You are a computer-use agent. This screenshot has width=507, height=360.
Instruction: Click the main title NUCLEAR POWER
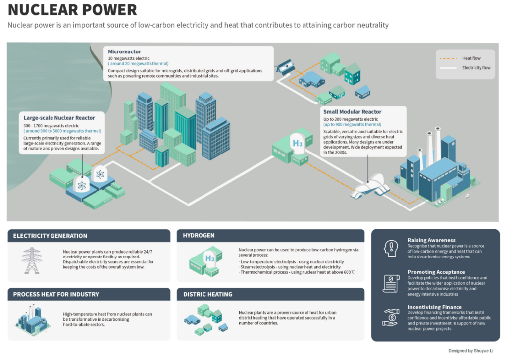[x=72, y=10]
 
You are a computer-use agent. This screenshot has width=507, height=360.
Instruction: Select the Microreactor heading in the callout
[x=125, y=51]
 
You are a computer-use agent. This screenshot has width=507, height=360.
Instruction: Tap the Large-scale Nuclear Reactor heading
[x=59, y=118]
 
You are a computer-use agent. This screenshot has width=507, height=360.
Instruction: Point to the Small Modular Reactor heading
[x=353, y=112]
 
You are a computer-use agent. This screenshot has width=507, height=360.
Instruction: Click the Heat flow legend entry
[x=471, y=58]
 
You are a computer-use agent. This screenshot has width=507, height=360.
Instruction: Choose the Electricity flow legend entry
[x=476, y=68]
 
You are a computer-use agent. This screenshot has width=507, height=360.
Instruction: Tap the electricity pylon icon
[x=31, y=260]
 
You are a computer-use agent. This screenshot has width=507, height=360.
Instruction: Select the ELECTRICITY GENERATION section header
[x=50, y=236]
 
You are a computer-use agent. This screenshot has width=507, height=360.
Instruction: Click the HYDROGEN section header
[x=199, y=236]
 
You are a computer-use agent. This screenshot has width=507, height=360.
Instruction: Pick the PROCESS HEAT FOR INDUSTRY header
[x=56, y=294]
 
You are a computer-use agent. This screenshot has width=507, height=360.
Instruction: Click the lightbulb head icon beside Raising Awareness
[x=391, y=247]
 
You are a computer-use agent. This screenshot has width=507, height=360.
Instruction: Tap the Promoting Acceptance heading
[x=436, y=272]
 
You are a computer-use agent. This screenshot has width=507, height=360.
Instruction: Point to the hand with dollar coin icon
[x=391, y=317]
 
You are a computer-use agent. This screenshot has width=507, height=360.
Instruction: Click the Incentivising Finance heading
[x=435, y=307]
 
